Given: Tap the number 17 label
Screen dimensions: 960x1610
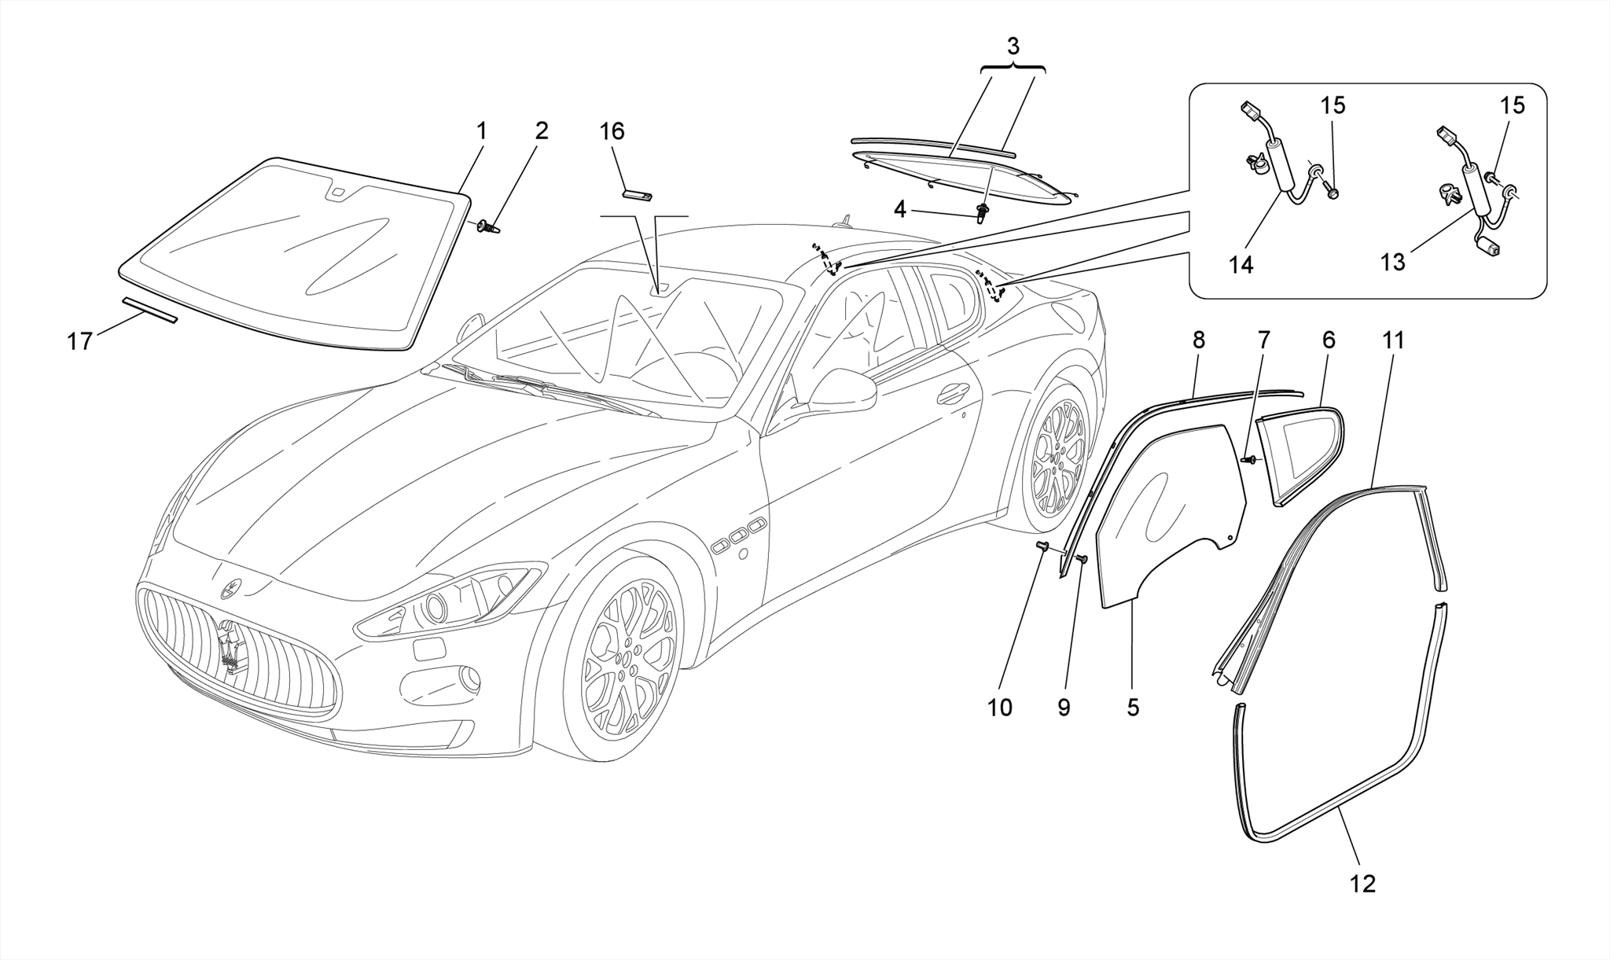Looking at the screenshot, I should [80, 342].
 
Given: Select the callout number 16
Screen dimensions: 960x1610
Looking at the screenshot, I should [612, 131].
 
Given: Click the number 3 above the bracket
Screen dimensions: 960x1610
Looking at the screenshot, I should [1013, 46].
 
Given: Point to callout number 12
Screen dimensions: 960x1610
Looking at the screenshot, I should [1363, 884].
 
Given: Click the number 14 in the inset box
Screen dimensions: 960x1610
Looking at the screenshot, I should [1241, 265].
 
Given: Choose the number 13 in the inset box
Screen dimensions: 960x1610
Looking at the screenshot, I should [1392, 262].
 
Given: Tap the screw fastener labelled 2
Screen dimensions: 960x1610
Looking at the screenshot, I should [489, 226].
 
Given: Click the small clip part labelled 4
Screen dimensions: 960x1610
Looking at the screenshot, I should [982, 211].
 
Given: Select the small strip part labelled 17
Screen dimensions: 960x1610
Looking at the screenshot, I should [149, 310].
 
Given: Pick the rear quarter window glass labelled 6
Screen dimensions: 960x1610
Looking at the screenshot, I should [1301, 452].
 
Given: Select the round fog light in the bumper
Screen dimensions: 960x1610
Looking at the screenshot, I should [469, 678].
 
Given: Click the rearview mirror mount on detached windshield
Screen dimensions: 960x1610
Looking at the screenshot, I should [337, 191].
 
